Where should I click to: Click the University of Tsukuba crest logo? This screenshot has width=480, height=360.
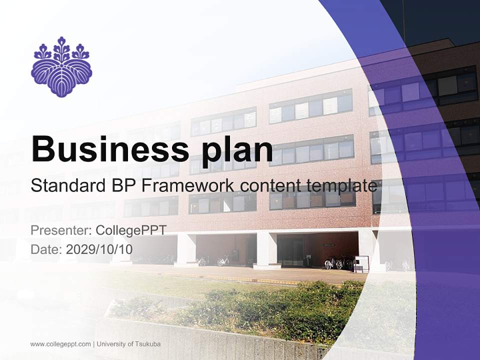[61, 66]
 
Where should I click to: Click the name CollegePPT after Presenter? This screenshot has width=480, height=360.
[130, 230]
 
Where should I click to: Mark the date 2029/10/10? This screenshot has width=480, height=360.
[99, 249]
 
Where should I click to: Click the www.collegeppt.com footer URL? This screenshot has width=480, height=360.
[60, 344]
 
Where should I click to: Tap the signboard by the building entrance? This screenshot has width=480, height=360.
[361, 263]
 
